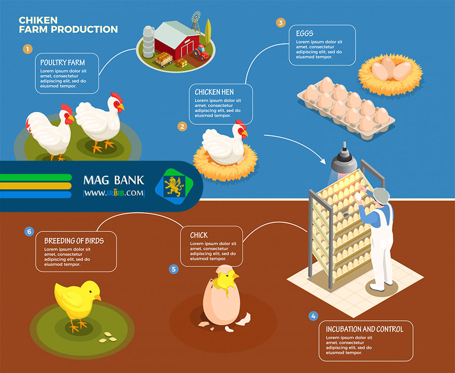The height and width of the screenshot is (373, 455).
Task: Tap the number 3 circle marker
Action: click(281, 23)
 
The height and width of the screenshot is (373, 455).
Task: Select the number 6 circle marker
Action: click(29, 231)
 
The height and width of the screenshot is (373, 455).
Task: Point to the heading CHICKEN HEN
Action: click(214, 92)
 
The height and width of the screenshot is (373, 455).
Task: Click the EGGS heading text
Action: click(305, 33)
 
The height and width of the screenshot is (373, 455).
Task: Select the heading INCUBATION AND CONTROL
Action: click(365, 329)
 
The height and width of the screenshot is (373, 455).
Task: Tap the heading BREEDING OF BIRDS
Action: click(74, 241)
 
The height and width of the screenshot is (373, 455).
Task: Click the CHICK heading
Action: click(199, 235)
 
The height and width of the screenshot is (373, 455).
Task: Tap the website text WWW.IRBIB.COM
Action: click(114, 193)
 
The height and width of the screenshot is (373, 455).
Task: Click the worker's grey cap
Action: click(381, 195)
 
